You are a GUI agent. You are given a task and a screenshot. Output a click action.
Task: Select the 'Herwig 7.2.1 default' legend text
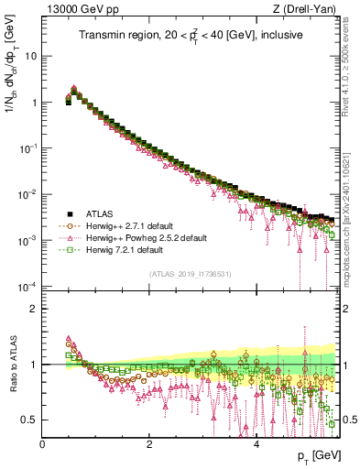[x=124, y=249]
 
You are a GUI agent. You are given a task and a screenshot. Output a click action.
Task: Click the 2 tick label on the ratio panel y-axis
[x=33, y=309]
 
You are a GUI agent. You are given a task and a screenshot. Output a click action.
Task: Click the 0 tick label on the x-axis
[x=42, y=444]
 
